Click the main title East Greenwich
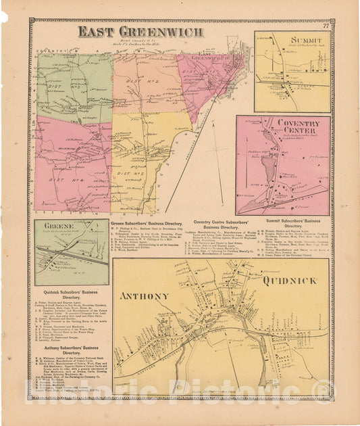[x=127, y=31]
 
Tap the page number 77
[x=326, y=26]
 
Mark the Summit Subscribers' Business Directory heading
[x=293, y=224]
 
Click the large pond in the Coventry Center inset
[x=266, y=166]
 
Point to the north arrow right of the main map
[x=217, y=153]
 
